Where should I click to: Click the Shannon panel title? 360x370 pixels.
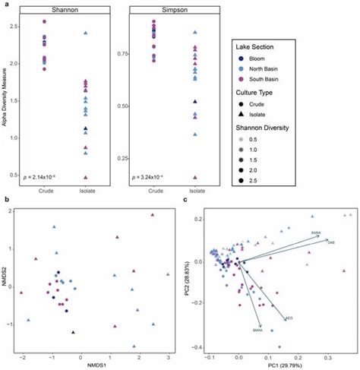tap(65, 10)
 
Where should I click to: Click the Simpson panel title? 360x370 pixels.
tap(174, 10)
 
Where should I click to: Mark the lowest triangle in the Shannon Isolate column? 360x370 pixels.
tap(86, 176)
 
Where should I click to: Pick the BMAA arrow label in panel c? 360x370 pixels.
tap(257, 330)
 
